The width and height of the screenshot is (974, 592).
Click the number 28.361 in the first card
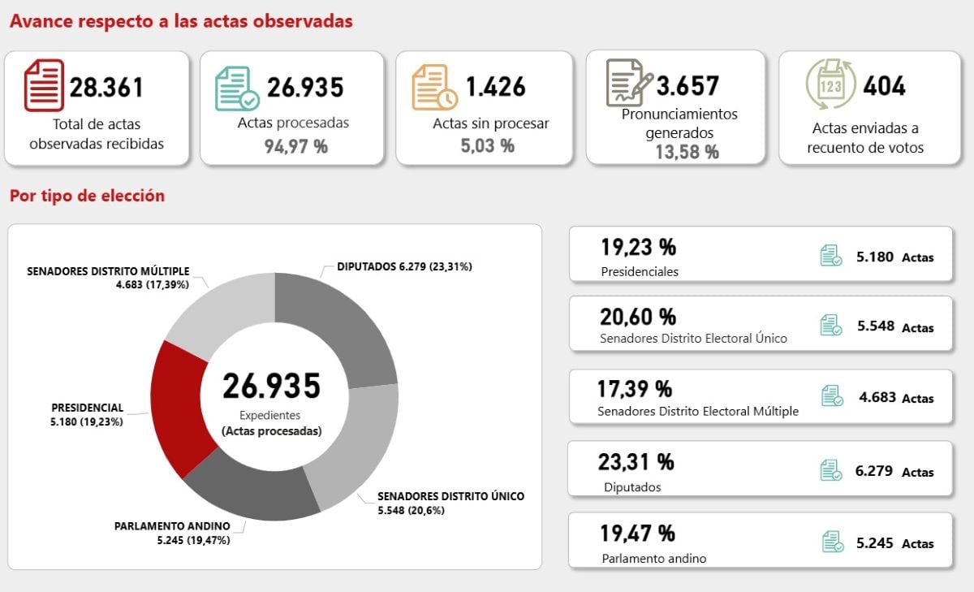[x=106, y=87]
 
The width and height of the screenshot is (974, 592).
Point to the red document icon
[x=44, y=85]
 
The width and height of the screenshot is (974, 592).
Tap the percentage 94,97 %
[x=295, y=146]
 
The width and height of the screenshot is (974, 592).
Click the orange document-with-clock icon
[x=434, y=88]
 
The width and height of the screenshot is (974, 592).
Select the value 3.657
[x=687, y=85]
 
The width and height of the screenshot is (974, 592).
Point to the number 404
[x=884, y=86]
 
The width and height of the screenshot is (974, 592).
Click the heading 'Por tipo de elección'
[x=87, y=196]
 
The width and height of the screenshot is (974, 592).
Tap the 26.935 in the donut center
[x=271, y=386]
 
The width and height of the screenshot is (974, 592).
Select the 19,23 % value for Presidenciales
[x=638, y=247]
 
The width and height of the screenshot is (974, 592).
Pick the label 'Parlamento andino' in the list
[x=654, y=558]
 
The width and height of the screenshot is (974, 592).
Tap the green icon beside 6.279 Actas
[x=830, y=470]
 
